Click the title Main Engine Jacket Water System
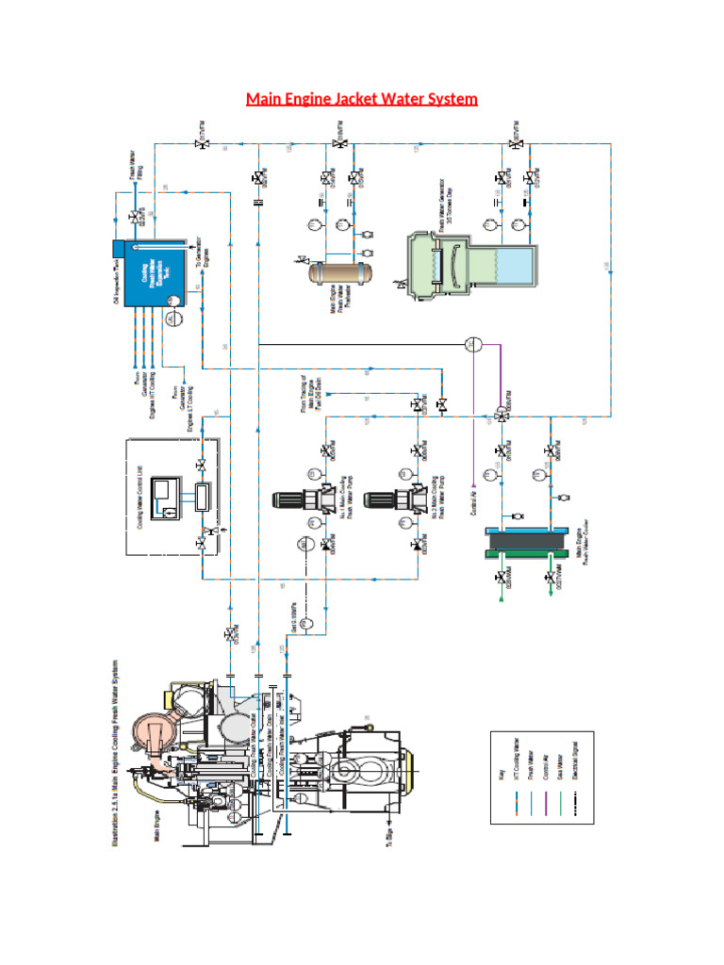(x=362, y=99)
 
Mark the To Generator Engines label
(x=200, y=253)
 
